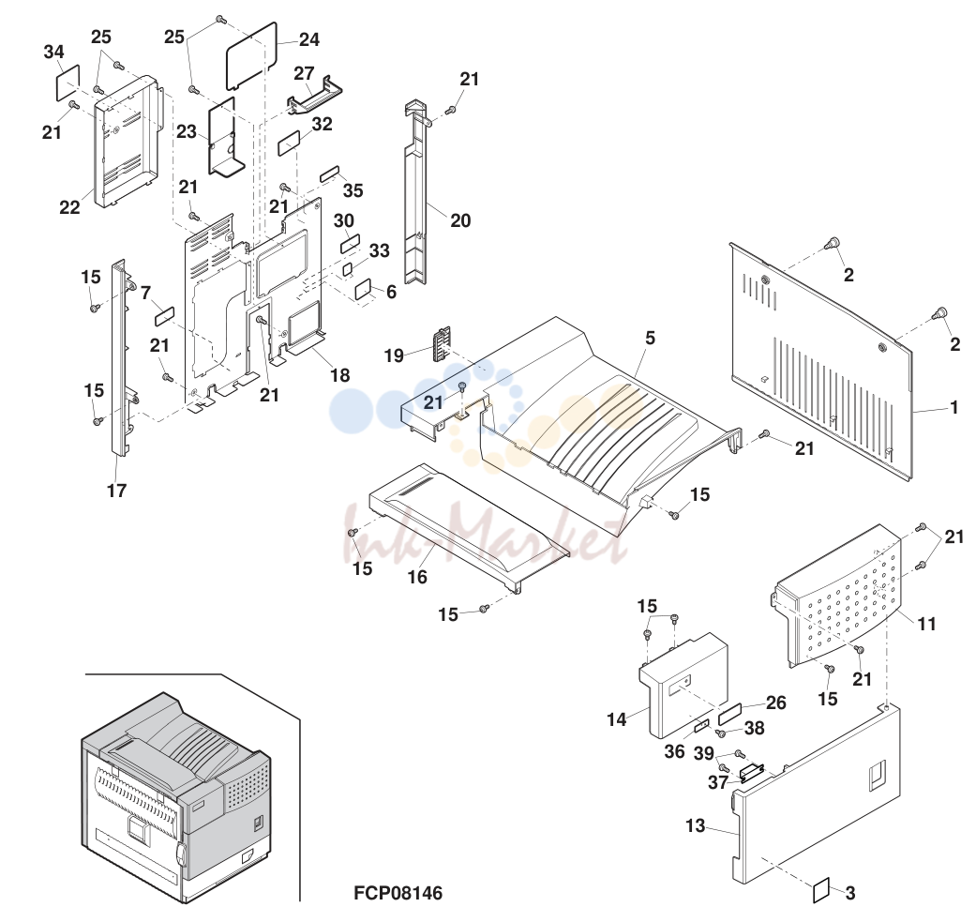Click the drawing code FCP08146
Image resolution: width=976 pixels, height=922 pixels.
[398, 893]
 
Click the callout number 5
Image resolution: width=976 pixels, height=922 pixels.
[650, 338]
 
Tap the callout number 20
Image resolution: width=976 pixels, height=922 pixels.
[460, 220]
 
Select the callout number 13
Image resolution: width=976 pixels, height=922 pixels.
[696, 826]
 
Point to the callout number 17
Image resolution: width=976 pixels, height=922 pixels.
[116, 491]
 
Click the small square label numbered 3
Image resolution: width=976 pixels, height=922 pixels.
[821, 890]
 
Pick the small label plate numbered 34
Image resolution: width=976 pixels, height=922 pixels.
[68, 82]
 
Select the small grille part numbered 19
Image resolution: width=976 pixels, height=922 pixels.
[441, 343]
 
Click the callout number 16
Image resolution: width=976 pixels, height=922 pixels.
[417, 577]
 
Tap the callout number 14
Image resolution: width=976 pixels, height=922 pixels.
[616, 719]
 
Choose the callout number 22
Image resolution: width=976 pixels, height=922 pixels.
[69, 207]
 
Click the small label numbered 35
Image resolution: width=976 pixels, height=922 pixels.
[330, 174]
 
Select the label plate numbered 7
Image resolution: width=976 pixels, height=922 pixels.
[164, 316]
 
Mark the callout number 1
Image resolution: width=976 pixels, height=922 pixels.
[953, 408]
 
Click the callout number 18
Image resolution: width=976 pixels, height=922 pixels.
[339, 375]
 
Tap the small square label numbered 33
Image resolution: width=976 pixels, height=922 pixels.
[347, 269]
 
